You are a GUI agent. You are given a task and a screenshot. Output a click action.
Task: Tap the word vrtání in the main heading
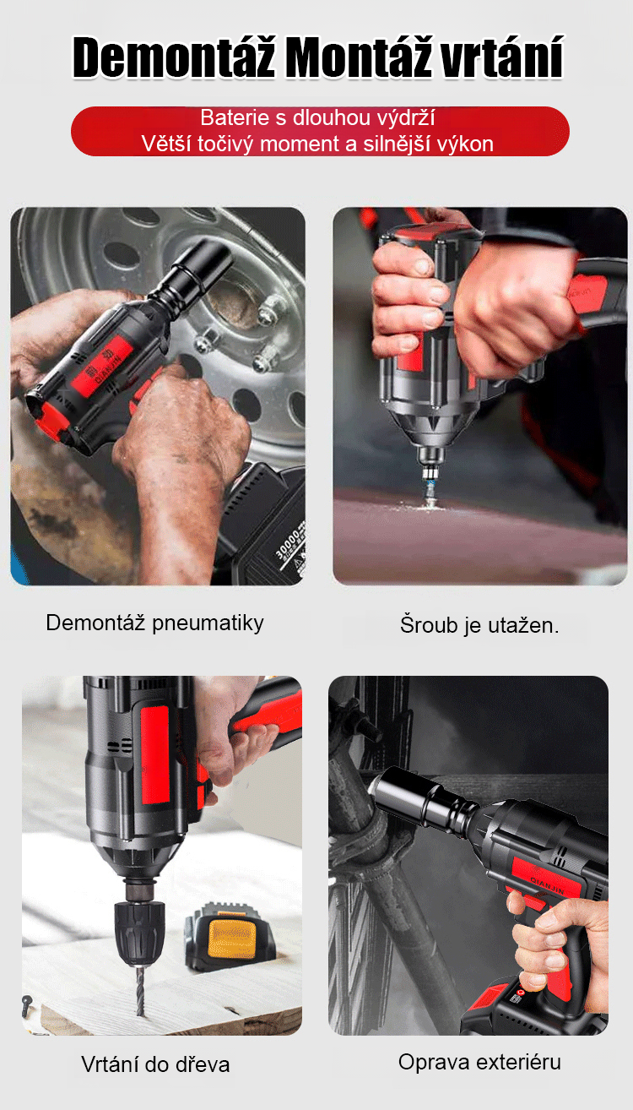point(502,57)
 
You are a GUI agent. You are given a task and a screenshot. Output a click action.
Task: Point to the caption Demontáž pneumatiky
point(154,623)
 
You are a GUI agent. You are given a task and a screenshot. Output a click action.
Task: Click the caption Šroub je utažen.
point(479,625)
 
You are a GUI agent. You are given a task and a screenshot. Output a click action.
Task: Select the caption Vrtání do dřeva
point(155,1064)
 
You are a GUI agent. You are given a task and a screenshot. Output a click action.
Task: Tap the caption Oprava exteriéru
point(479,1062)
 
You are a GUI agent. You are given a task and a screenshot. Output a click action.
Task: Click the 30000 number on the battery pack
point(288,544)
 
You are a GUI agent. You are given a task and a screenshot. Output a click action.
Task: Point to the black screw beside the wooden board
point(27,1004)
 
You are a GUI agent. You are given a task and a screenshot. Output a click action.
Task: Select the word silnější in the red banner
point(404,144)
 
